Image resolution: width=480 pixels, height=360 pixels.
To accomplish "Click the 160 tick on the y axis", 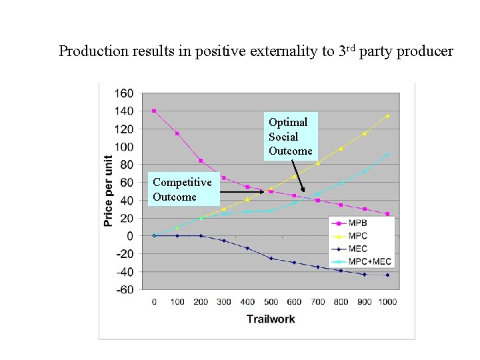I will point(125,93).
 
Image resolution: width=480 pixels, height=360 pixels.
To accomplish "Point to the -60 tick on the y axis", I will point(125,290).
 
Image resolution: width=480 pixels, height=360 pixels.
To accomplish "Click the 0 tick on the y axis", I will point(129,236).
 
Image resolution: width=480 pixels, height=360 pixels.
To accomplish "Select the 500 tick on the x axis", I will point(271,302).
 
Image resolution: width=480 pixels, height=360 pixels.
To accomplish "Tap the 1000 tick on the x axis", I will point(387,302).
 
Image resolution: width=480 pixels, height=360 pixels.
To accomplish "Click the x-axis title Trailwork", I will point(270,319).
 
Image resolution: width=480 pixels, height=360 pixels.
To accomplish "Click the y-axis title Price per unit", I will point(108,191).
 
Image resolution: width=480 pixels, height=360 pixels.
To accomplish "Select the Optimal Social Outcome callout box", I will point(290,137).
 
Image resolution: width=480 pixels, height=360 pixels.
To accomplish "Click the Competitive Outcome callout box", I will point(182,189).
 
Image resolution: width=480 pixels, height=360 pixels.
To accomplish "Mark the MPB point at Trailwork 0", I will point(154,111).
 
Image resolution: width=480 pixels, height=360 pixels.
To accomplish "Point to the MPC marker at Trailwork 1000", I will point(387,115).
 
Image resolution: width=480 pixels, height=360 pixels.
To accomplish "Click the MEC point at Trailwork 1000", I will point(387,275).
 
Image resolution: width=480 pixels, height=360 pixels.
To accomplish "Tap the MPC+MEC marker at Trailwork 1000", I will point(387,155).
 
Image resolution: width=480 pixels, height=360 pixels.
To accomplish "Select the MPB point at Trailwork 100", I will point(177,133).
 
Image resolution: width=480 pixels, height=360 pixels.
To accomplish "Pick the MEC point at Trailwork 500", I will point(271,258).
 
